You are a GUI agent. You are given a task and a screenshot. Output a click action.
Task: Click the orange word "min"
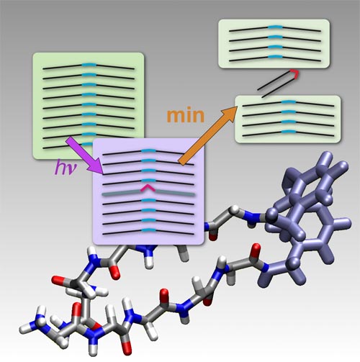186,116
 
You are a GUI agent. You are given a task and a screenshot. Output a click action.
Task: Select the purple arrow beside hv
84,155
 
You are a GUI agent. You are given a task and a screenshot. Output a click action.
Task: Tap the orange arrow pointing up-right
208,135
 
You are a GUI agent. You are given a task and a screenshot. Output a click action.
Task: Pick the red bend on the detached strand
295,73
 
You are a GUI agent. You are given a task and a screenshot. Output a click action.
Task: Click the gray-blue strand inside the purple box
149,192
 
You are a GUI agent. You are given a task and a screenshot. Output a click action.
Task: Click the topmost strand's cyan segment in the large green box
89,65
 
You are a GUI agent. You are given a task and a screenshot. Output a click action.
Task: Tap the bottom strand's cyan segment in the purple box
149,230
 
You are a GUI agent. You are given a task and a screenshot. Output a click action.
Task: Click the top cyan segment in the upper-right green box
275,27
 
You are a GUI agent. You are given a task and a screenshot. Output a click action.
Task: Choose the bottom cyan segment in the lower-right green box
289,132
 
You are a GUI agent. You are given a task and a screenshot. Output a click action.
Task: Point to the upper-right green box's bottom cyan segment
275,57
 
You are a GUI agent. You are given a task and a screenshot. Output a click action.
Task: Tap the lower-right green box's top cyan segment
289,102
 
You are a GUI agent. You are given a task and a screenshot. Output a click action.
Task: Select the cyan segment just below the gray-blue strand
149,200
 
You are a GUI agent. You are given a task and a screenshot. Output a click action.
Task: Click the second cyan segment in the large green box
89,75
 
